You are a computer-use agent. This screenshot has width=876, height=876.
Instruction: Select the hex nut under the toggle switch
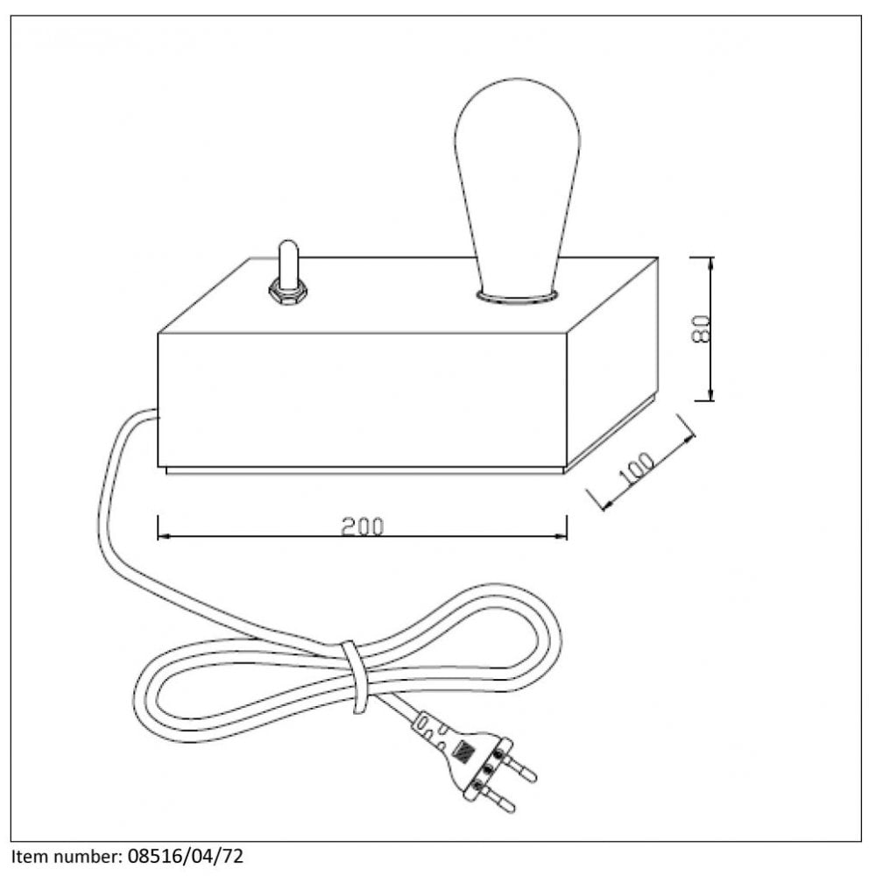click(x=287, y=293)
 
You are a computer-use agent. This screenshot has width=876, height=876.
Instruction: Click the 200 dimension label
click(x=363, y=526)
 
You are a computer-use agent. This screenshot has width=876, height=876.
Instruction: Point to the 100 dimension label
click(x=636, y=468)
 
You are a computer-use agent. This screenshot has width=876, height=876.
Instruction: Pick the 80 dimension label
click(x=701, y=329)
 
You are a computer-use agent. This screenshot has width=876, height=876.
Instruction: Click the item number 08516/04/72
click(x=186, y=857)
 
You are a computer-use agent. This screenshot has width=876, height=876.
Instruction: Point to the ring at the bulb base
click(x=516, y=296)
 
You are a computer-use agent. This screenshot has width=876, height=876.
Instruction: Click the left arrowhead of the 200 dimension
click(x=164, y=536)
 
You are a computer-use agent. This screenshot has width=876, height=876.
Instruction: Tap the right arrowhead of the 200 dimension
click(x=561, y=536)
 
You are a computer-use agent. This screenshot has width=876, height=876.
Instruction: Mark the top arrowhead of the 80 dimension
click(x=710, y=264)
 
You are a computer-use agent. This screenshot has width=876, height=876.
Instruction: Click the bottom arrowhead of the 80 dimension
click(x=710, y=394)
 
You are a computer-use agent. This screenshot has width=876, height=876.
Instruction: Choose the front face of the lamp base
click(x=362, y=400)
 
